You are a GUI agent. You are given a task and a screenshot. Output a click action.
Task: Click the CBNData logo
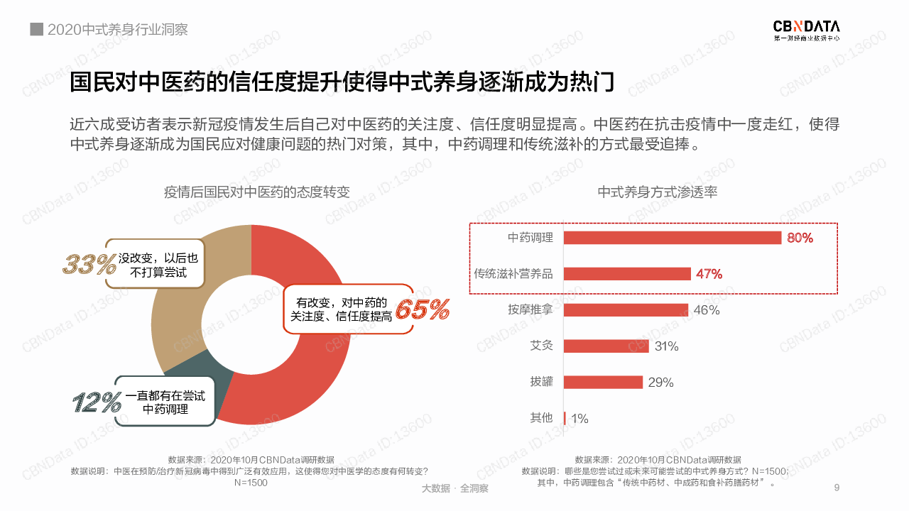[806, 30]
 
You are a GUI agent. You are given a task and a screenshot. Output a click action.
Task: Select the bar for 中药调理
[673, 238]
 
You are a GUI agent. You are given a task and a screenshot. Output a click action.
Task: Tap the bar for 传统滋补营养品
[627, 274]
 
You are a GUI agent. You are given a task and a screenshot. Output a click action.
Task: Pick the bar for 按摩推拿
[626, 310]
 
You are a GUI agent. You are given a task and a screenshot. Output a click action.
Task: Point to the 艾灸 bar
[606, 346]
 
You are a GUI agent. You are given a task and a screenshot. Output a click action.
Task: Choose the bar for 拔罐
[603, 383]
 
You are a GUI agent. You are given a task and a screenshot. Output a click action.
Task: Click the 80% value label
[800, 238]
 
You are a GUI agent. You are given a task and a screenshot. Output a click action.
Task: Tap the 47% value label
[709, 274]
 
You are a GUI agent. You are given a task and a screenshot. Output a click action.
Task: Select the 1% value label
[579, 419]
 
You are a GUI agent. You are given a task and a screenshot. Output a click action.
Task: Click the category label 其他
[541, 418]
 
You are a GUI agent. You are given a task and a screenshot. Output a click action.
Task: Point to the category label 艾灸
[541, 346]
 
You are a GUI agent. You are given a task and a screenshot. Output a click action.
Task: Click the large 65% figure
[423, 309]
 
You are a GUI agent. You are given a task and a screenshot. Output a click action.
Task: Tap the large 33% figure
[89, 264]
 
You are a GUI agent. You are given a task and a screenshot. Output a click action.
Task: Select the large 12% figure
[97, 402]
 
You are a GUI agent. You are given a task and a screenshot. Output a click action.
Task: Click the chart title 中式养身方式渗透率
[658, 192]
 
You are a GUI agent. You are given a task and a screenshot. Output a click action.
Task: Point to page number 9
[837, 488]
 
